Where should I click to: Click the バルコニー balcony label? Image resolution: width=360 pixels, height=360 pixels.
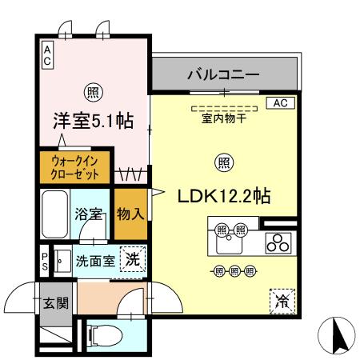point(223,76)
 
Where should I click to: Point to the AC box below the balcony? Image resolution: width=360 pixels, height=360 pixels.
point(280,102)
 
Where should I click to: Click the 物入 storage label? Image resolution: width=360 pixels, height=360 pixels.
point(130,214)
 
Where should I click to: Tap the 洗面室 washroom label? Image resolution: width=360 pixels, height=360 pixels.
point(94,260)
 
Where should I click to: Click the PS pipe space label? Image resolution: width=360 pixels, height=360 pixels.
point(46,261)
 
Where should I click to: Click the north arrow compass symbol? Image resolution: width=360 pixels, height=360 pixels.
point(339,334)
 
